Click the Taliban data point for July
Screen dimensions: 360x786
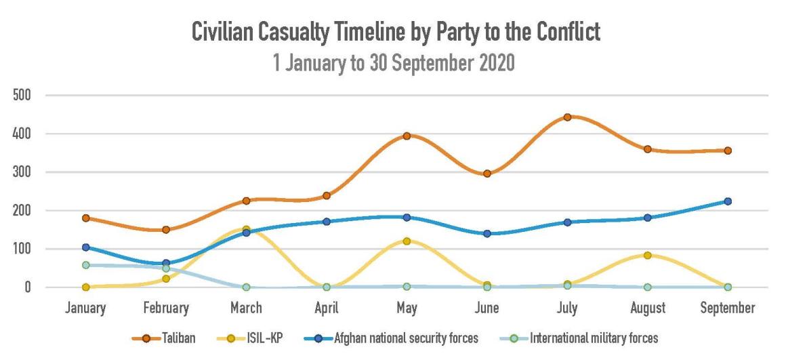point(567,117)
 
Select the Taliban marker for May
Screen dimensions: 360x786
point(407,136)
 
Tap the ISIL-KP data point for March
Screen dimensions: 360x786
point(246,230)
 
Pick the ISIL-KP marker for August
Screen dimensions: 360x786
point(647,255)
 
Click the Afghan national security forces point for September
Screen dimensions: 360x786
point(728,201)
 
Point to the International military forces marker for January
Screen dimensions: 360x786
point(86,265)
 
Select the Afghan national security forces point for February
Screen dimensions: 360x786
point(166,263)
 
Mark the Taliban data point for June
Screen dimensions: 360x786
point(487,174)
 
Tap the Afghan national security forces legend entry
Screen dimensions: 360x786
point(393,337)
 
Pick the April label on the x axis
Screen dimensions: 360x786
point(326,308)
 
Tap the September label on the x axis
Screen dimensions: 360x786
point(728,308)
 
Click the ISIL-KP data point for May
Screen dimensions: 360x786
point(407,241)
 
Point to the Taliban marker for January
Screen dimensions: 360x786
point(86,218)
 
